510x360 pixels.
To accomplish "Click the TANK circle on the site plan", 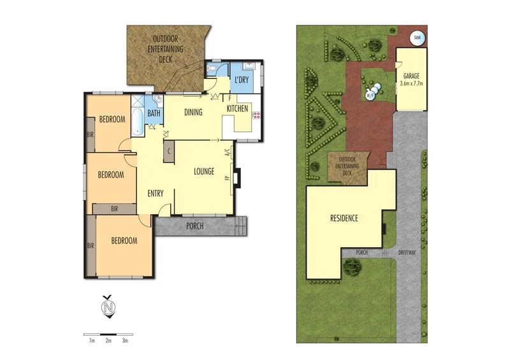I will pyautogui.click(x=418, y=38).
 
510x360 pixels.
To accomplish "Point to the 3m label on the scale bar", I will pyautogui.click(x=125, y=342).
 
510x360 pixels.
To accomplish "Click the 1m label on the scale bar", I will pyautogui.click(x=92, y=342).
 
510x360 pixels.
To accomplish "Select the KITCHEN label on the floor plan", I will pyautogui.click(x=237, y=110).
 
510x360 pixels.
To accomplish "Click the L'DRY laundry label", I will pyautogui.click(x=241, y=80).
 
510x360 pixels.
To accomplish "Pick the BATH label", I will pyautogui.click(x=154, y=114).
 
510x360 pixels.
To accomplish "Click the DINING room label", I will pyautogui.click(x=193, y=113).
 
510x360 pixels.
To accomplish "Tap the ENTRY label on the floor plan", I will pyautogui.click(x=156, y=194).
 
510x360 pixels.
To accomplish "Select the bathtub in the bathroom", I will pyautogui.click(x=138, y=115).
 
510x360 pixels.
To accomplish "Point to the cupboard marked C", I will pyautogui.click(x=168, y=151).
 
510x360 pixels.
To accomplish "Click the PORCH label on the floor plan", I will pyautogui.click(x=195, y=226).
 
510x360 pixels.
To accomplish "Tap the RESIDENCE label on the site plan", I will pyautogui.click(x=344, y=218).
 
